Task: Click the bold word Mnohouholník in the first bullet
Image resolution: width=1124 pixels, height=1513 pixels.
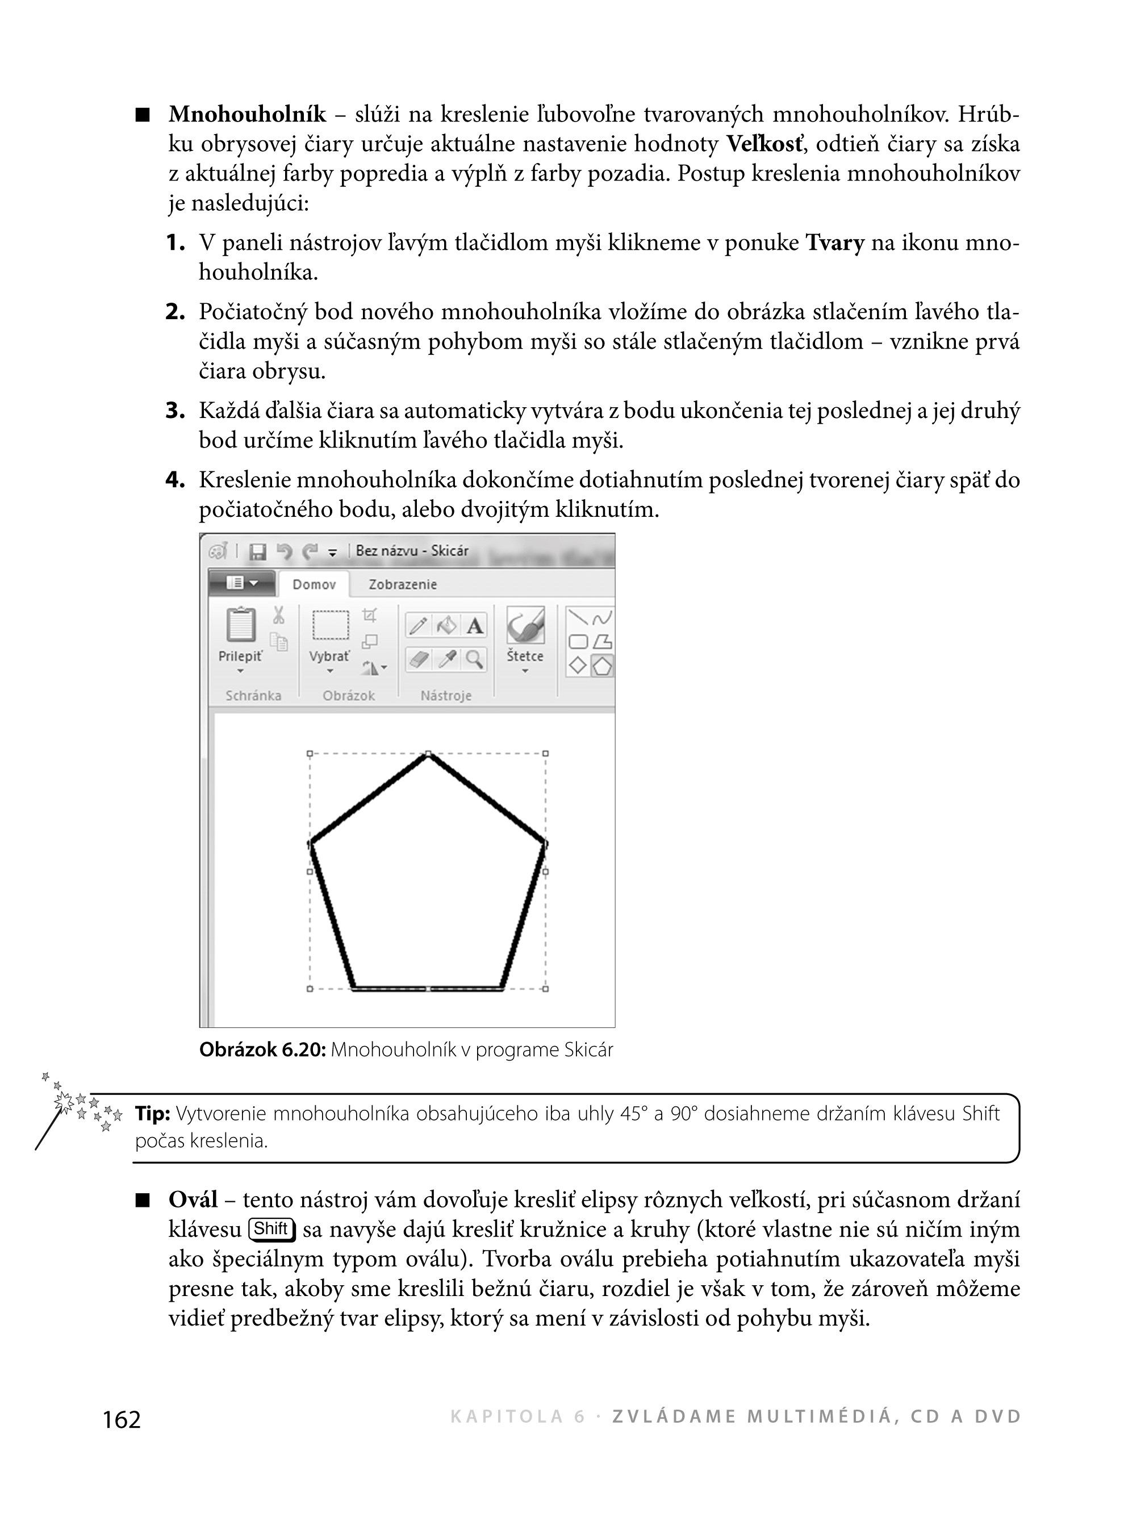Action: [247, 114]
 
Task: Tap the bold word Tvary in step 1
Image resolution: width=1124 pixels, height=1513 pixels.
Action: [835, 243]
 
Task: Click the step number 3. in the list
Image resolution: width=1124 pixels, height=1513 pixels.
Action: [176, 411]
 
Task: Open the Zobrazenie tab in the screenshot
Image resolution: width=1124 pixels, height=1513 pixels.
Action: [403, 584]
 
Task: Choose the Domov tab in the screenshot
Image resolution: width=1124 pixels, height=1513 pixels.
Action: [314, 584]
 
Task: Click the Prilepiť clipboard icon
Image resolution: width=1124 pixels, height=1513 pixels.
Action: [241, 625]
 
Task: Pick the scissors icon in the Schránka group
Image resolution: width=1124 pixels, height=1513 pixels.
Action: [278, 616]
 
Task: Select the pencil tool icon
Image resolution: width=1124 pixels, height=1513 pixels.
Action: [419, 625]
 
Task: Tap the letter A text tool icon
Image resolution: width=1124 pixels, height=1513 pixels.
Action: [475, 625]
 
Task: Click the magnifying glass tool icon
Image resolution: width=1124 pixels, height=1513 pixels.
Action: [474, 659]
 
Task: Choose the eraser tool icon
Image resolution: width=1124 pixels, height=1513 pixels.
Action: [419, 659]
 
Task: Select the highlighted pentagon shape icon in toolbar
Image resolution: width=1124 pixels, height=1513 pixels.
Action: [602, 664]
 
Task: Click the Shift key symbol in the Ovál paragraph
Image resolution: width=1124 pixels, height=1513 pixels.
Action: [271, 1228]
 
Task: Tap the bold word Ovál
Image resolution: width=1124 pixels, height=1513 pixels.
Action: [193, 1199]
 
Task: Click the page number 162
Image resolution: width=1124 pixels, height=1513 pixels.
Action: [122, 1420]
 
